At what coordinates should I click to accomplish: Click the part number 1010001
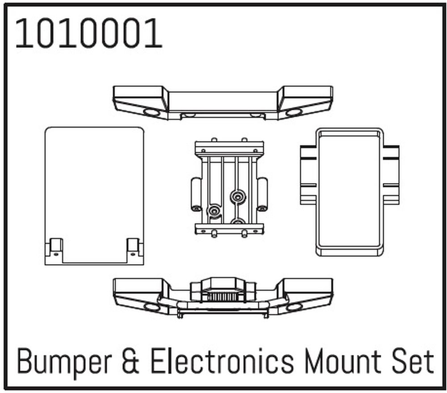click(89, 34)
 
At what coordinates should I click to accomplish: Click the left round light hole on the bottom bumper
click(152, 307)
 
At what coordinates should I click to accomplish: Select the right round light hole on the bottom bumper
click(294, 307)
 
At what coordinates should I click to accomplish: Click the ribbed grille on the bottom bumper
click(223, 297)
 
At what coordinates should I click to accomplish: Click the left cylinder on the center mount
click(195, 194)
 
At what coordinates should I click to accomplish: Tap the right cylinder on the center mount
click(262, 194)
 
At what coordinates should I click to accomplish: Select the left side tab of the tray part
click(308, 175)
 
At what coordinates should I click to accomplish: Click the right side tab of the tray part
click(391, 175)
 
